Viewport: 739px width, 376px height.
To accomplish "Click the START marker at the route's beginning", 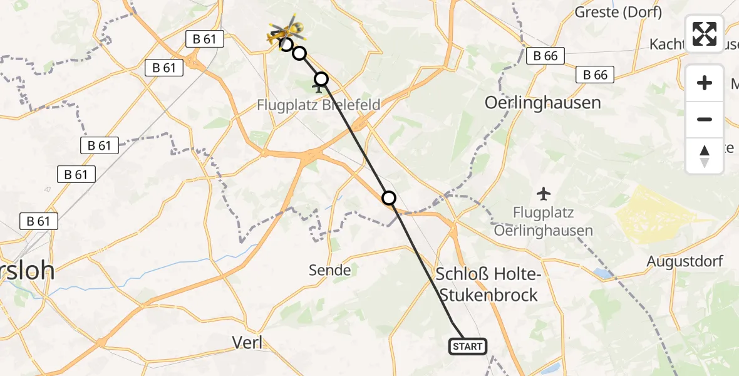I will pos(467,346).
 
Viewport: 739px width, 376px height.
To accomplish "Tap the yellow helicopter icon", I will pos(287,30).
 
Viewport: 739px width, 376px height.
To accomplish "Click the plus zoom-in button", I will pos(705,83).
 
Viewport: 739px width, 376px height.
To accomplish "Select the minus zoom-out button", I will pos(705,119).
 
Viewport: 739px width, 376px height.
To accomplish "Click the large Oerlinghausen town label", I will pos(543,103).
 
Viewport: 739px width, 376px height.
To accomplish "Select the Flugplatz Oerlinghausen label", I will pos(544,222).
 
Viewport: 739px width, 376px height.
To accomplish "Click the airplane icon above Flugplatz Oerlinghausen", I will pos(544,191).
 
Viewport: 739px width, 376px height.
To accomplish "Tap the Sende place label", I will pos(330,270).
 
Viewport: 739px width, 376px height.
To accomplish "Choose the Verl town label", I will pos(247,342).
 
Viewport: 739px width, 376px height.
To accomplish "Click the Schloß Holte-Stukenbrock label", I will pos(487,284).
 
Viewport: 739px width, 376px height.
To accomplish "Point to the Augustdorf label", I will pos(685,261).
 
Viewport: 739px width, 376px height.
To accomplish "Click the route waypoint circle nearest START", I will pos(389,198).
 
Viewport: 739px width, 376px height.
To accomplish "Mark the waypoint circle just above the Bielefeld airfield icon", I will pos(321,79).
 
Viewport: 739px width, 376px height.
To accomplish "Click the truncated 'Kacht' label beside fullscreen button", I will pos(668,44).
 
